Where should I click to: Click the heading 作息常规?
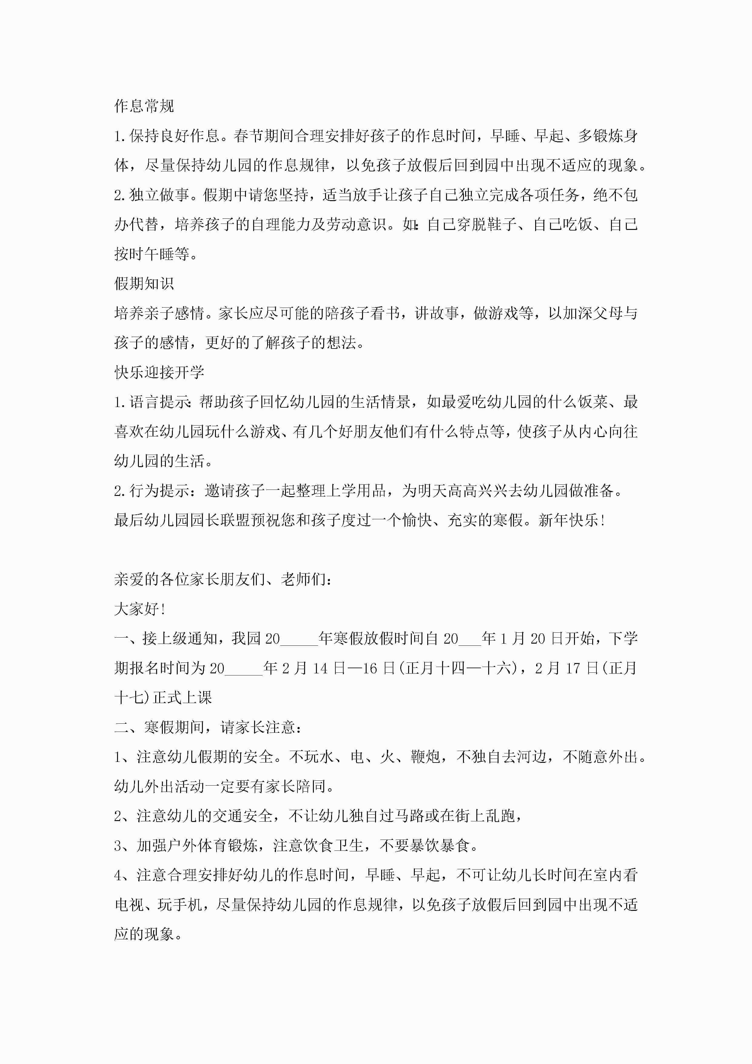(144, 106)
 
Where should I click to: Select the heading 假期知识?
(144, 283)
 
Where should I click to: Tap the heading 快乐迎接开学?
(159, 372)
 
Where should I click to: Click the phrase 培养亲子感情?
(159, 313)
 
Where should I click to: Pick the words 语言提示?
(159, 402)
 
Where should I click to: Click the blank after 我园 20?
(299, 639)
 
